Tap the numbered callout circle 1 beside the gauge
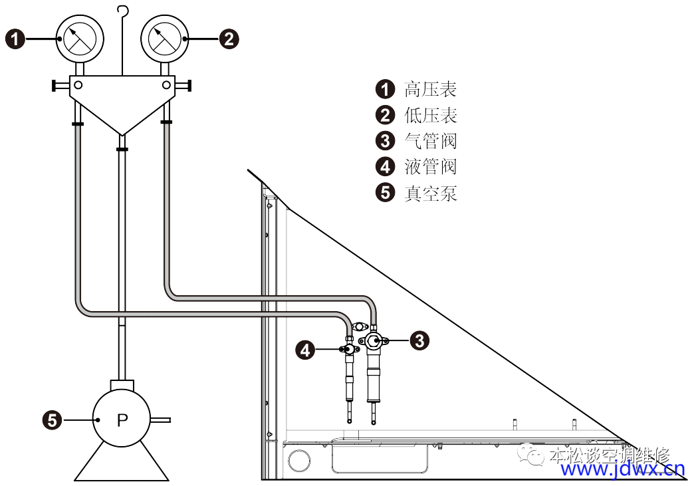pyautogui.click(x=16, y=39)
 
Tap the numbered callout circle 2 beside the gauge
pyautogui.click(x=229, y=39)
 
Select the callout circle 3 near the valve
pyautogui.click(x=419, y=340)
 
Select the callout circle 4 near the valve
pyautogui.click(x=305, y=350)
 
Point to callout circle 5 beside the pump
pyautogui.click(x=53, y=420)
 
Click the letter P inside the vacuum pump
pyautogui.click(x=122, y=420)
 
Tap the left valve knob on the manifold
pyautogui.click(x=56, y=85)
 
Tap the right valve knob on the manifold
pyautogui.click(x=187, y=85)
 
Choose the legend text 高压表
pyautogui.click(x=431, y=89)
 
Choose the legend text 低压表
pyautogui.click(x=431, y=115)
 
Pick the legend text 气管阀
pyautogui.click(x=431, y=141)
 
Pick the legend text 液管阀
pyautogui.click(x=431, y=166)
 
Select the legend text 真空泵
pyautogui.click(x=431, y=193)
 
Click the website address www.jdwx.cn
pyautogui.click(x=622, y=470)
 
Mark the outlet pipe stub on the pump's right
pyautogui.click(x=162, y=420)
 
